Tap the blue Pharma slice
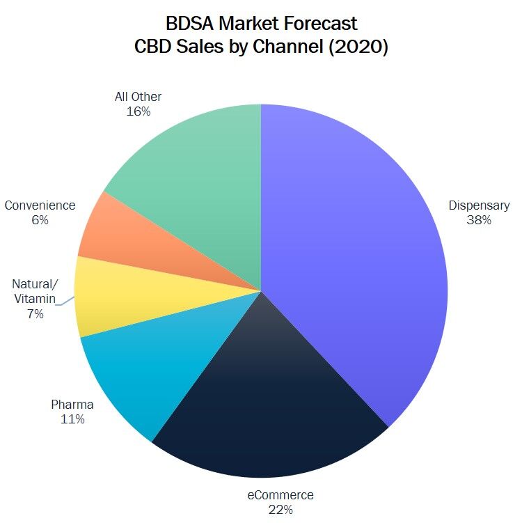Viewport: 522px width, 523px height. tap(132, 376)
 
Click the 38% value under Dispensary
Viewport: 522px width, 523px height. tap(480, 220)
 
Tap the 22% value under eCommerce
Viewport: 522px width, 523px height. tap(280, 510)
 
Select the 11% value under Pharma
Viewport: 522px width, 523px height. tap(72, 419)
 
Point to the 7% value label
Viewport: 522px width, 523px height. tap(35, 314)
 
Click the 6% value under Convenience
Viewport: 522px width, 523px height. tap(40, 220)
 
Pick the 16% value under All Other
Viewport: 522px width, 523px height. tap(139, 111)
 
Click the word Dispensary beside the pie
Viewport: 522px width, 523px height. tap(480, 205)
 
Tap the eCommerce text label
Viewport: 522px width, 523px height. tap(280, 495)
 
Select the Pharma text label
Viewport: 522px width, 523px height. tap(72, 405)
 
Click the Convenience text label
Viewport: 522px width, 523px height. tap(40, 205)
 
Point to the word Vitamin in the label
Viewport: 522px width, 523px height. tap(35, 299)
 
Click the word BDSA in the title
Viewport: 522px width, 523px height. tap(189, 24)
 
